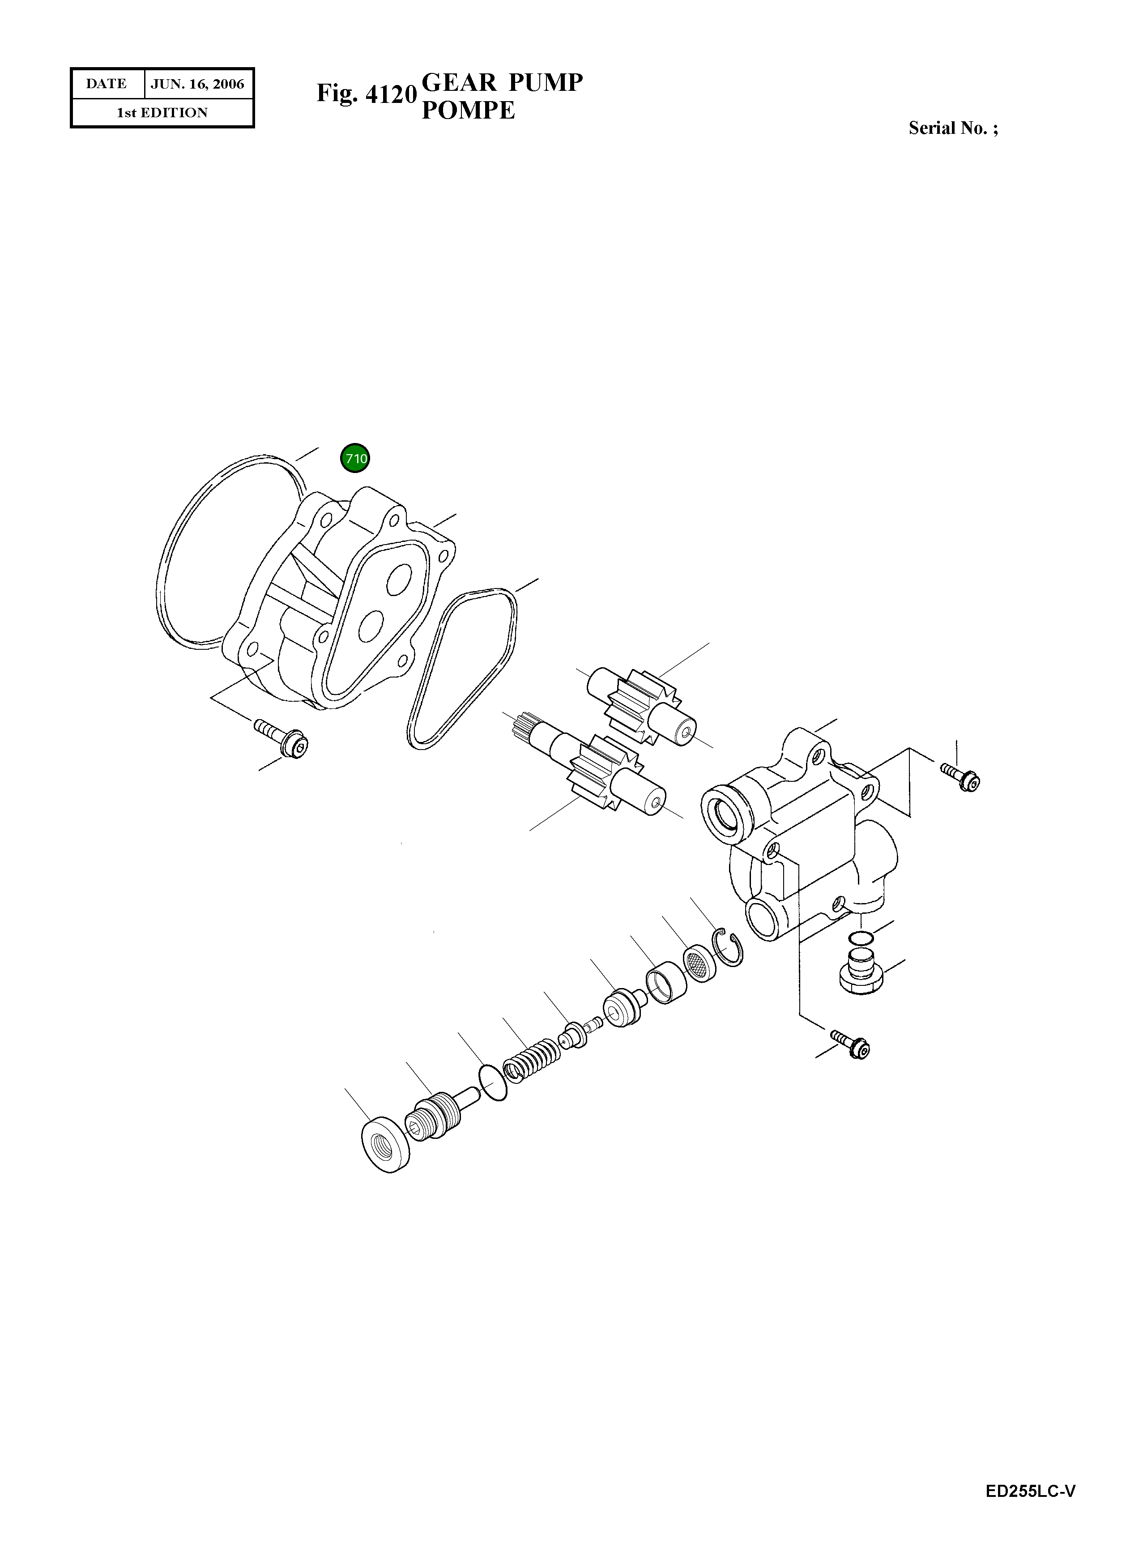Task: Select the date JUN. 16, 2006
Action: click(197, 85)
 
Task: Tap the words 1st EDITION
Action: click(162, 113)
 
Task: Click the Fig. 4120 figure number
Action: click(366, 94)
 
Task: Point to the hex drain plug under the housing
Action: click(861, 972)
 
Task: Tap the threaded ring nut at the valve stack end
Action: click(385, 1144)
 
